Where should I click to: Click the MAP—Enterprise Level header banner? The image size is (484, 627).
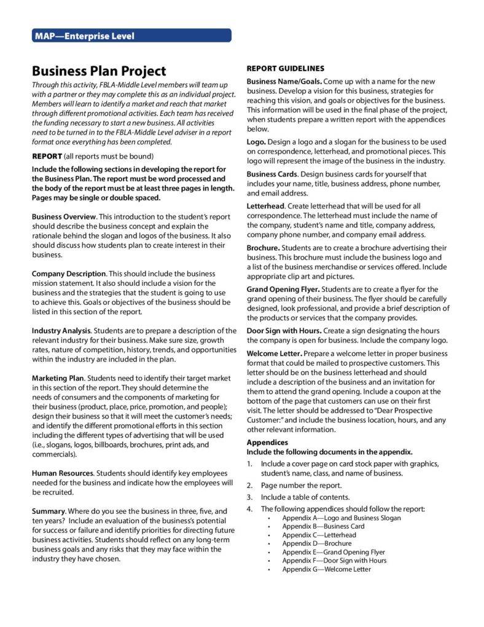[x=131, y=36]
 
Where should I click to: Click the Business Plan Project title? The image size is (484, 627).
[x=99, y=71]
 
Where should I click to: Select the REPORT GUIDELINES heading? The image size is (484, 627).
[x=285, y=68]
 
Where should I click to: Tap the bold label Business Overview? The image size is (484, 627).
[x=64, y=217]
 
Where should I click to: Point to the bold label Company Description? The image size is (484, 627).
[x=69, y=274]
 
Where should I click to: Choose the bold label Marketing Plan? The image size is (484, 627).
[x=57, y=378]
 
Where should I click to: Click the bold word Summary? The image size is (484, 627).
[x=48, y=511]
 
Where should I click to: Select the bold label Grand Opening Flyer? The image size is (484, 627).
[x=283, y=289]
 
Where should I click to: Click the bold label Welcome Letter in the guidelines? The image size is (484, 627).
[x=274, y=353]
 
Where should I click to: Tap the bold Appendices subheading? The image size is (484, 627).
[x=267, y=442]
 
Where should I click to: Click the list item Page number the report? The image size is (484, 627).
[x=297, y=485]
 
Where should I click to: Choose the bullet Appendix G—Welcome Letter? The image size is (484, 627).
[x=326, y=569]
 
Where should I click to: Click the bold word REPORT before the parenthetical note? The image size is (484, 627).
[x=47, y=156]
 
